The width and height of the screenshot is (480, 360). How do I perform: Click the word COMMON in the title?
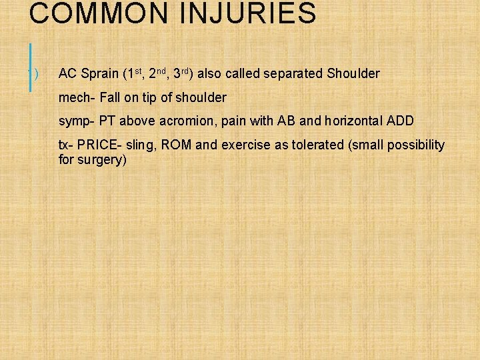click(x=84, y=14)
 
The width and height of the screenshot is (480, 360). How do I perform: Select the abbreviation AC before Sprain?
click(x=67, y=73)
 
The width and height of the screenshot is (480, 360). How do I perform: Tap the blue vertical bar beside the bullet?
click(x=31, y=67)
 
